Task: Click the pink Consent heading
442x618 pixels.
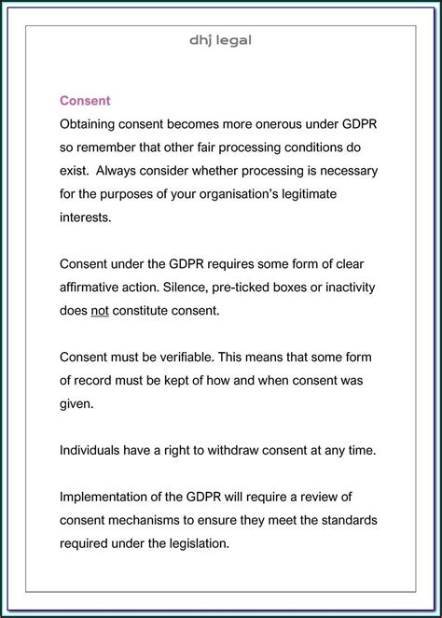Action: click(86, 100)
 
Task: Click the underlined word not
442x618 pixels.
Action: click(100, 310)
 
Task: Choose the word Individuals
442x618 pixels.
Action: click(93, 450)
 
